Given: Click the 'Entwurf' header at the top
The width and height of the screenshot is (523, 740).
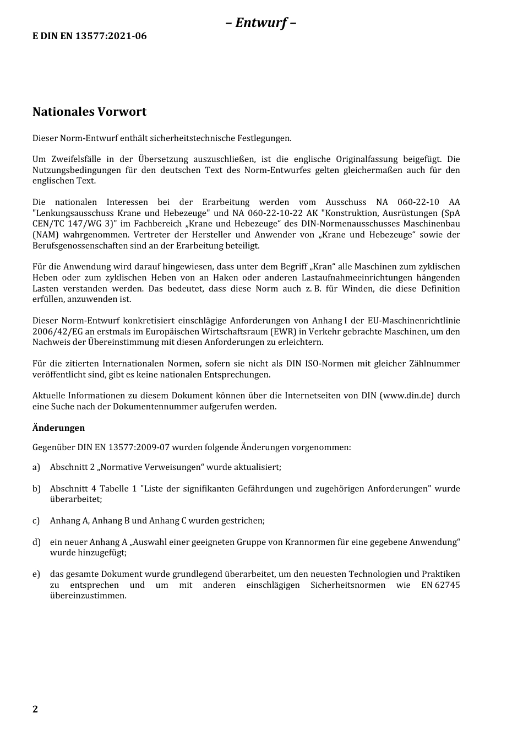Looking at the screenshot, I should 261,23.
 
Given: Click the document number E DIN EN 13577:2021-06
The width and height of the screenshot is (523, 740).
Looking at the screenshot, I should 90,36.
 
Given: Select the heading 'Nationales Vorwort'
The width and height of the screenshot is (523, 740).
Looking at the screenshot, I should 89,112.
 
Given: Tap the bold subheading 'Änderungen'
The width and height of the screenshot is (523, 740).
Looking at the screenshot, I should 58,428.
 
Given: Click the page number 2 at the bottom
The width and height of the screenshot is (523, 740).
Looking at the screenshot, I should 35,709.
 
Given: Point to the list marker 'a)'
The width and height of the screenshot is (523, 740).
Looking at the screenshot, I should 36,467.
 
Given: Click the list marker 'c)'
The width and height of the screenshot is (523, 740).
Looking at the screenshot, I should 36,521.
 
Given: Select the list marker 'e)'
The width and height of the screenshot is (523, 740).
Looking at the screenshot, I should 36,574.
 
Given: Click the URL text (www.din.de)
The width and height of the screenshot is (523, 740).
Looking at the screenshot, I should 407,396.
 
